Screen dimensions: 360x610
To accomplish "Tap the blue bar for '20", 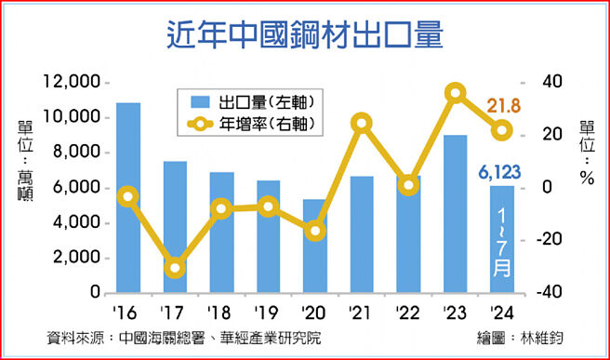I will coord(316,246).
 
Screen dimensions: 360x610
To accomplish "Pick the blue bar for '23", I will coord(455,214).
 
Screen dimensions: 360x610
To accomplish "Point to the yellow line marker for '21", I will coord(363,123).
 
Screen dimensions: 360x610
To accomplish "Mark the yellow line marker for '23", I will coord(456,92).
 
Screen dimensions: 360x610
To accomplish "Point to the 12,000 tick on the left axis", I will coord(71,83).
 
